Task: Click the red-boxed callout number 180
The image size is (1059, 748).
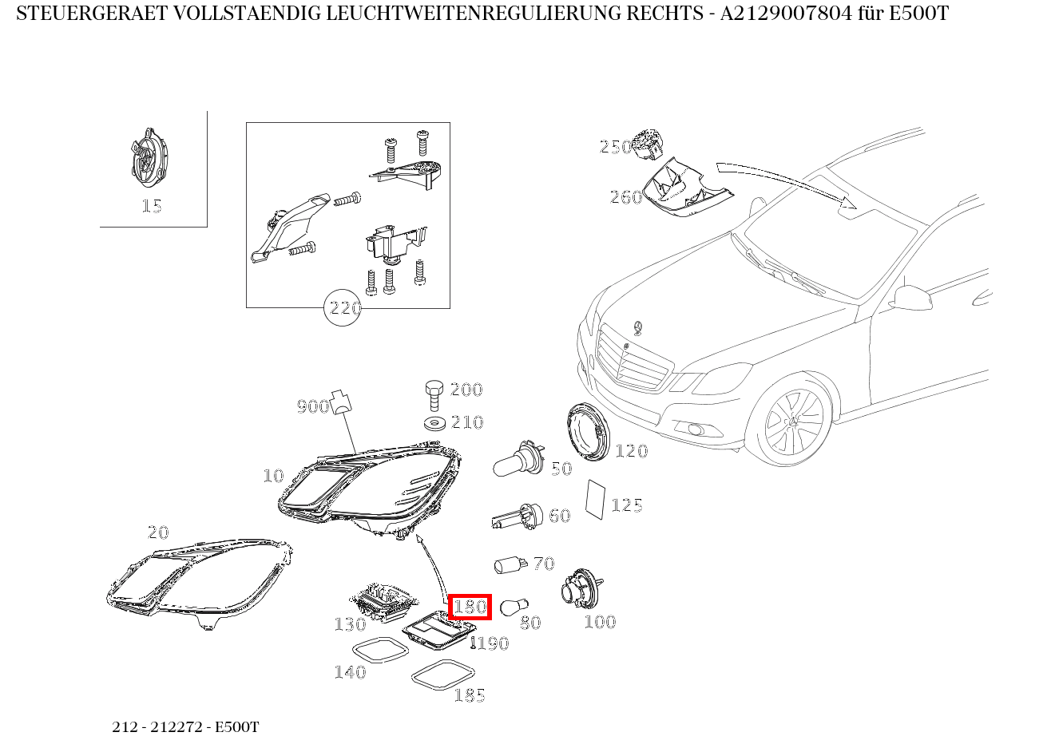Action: (x=470, y=607)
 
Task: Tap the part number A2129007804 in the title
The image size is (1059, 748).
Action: (x=786, y=14)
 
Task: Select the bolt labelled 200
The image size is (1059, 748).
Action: (x=434, y=395)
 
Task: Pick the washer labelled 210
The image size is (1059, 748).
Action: (x=434, y=423)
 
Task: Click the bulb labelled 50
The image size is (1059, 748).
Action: (x=518, y=458)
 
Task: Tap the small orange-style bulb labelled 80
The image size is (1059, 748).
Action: (x=514, y=605)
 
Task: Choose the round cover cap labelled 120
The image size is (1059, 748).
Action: (x=588, y=432)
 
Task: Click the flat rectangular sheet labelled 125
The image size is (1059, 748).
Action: (x=595, y=500)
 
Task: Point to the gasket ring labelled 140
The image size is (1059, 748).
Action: (x=380, y=650)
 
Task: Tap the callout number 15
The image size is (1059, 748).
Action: (x=152, y=206)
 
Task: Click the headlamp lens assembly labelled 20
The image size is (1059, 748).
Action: (x=199, y=584)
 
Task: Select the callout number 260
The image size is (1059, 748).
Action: (x=626, y=196)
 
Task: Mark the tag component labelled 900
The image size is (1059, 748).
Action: (x=341, y=402)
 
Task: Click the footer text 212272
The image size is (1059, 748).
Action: (x=176, y=726)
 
